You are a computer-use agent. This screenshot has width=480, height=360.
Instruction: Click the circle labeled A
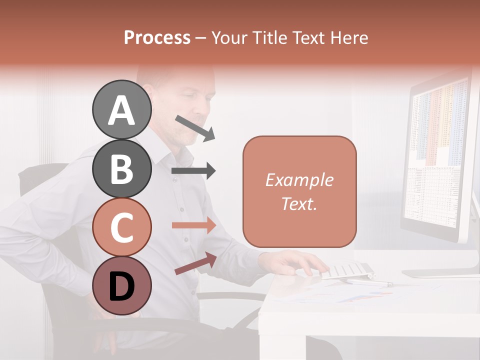121,110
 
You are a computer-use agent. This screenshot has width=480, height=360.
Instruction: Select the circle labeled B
121,168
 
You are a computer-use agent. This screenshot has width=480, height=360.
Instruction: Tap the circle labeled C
121,227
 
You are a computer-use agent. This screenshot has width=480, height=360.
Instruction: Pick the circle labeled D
121,285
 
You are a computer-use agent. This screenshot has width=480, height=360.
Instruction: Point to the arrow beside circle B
193,171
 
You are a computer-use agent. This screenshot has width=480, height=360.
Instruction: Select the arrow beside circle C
193,225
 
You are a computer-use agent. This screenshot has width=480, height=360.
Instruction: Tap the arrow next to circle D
195,263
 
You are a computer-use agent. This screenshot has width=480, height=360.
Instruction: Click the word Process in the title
157,38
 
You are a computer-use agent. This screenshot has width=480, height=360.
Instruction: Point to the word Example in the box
299,180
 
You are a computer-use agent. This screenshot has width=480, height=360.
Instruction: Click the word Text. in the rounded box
299,203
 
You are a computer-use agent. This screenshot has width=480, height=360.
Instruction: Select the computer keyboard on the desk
345,270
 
